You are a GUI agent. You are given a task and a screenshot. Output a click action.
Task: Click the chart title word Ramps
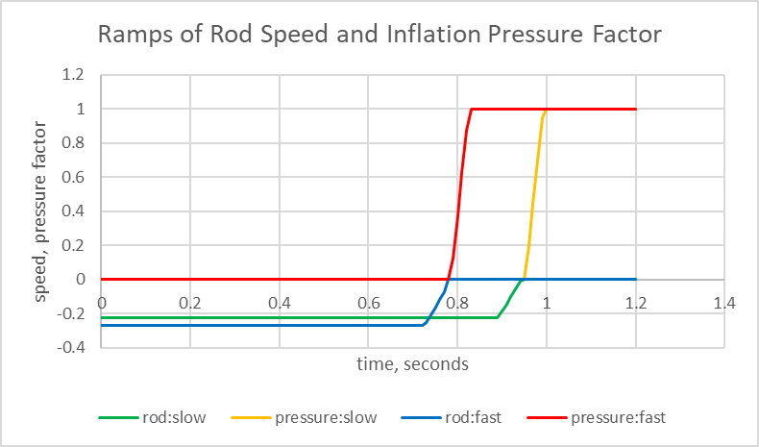(131, 37)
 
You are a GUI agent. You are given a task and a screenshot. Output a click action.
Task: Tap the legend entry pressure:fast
(618, 418)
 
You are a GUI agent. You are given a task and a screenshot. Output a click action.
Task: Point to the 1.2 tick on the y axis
(74, 75)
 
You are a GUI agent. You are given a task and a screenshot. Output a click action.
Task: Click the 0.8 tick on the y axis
(74, 143)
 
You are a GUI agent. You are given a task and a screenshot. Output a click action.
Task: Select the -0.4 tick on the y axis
(71, 347)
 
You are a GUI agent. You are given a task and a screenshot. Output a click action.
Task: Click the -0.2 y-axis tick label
(71, 313)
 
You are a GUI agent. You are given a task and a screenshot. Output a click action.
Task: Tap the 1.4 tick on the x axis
(724, 304)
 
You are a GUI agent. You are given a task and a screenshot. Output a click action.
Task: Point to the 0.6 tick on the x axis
(368, 304)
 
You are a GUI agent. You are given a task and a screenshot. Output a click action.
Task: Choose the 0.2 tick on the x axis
(190, 304)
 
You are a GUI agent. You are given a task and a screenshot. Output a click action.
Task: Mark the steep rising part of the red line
(460, 192)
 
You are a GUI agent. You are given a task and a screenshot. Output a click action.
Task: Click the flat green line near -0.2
(288, 317)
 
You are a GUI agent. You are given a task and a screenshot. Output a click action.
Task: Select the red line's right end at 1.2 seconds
(635, 109)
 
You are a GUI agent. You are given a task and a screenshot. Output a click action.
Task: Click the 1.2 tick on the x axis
(635, 304)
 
